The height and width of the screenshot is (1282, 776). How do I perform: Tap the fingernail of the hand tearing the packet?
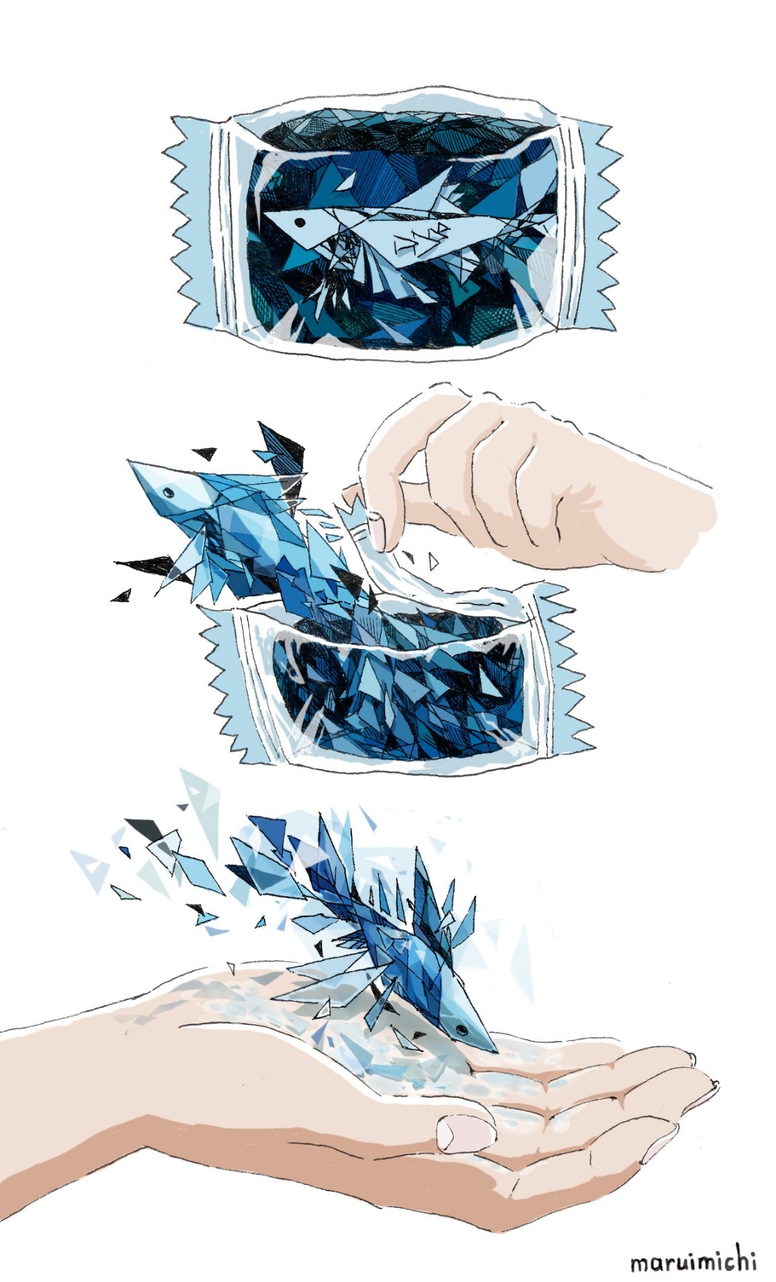tap(378, 530)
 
